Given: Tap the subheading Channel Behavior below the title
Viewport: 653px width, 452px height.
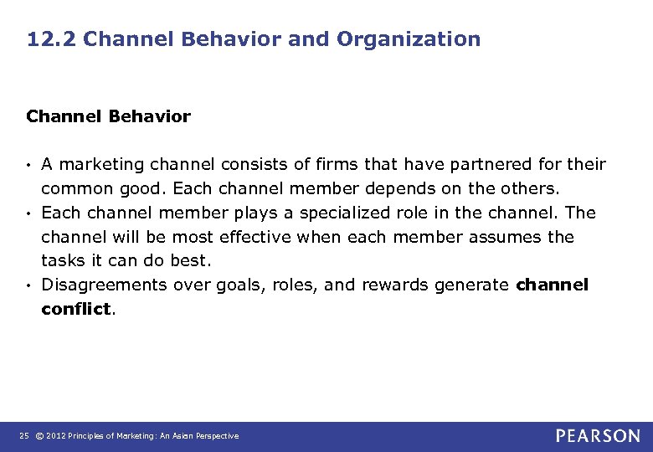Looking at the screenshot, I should [108, 116].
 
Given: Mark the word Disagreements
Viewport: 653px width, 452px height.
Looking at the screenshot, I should [99, 285].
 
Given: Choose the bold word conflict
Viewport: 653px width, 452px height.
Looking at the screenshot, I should [75, 309].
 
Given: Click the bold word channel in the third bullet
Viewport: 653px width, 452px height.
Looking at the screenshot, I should [553, 285].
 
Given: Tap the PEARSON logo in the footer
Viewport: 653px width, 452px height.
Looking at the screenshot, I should [598, 436].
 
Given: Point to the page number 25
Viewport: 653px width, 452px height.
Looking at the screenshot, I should [23, 436].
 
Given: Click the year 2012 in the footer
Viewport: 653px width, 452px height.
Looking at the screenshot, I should [57, 436].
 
